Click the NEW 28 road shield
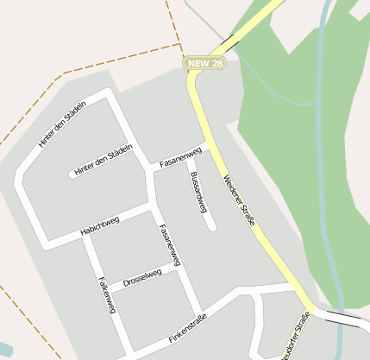[x=204, y=64]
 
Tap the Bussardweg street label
[x=198, y=193]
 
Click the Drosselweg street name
[x=142, y=278]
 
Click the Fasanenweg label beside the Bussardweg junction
[x=181, y=156]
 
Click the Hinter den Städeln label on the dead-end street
[x=103, y=161]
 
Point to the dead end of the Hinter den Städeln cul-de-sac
[x=72, y=174]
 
